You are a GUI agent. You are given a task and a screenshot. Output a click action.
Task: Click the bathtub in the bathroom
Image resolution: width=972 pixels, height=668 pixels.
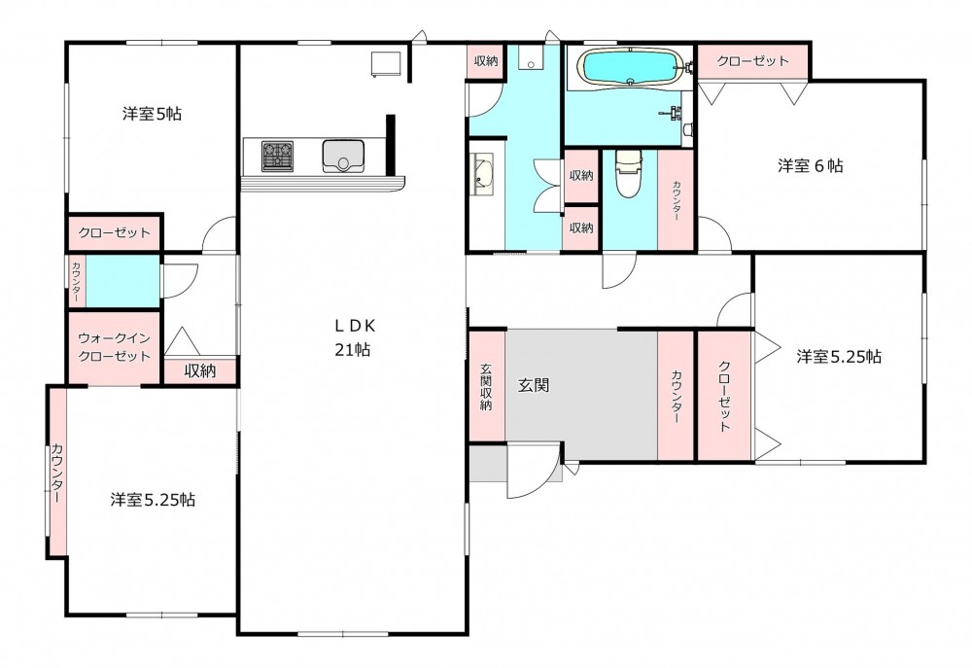click(x=629, y=67)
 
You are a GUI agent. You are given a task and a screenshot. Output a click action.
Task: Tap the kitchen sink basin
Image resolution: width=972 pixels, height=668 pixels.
click(x=343, y=156)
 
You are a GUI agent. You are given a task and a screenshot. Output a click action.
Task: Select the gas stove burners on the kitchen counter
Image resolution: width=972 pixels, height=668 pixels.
click(x=278, y=157)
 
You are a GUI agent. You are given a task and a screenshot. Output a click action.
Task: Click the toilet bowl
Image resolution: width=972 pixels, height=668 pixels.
click(x=628, y=174)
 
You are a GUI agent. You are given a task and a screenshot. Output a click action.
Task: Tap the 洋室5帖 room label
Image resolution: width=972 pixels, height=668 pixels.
click(x=152, y=114)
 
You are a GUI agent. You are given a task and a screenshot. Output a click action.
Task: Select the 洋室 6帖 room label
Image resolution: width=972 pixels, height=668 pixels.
click(x=811, y=165)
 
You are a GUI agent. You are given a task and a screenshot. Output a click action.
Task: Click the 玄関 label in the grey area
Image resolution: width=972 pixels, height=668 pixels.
click(x=533, y=386)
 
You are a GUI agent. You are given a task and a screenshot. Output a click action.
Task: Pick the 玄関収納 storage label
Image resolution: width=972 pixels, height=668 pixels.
click(x=487, y=386)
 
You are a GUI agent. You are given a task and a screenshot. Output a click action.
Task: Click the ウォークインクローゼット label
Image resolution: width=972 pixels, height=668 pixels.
click(x=114, y=347)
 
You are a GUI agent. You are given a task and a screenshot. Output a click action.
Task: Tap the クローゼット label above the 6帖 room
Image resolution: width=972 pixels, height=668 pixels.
click(x=752, y=61)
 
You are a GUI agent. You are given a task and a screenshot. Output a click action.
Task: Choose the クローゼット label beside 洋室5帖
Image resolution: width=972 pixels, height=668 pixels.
click(x=114, y=233)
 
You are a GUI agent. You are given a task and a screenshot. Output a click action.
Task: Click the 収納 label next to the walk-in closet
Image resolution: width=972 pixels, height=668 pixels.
click(x=200, y=370)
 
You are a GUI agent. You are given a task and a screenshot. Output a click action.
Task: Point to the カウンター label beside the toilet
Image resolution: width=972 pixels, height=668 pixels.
click(x=676, y=201)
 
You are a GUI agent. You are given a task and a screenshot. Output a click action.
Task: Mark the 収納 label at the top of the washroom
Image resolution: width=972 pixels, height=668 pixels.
click(x=486, y=61)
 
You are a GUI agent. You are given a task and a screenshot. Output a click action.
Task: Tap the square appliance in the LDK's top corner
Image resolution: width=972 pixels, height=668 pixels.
click(x=386, y=64)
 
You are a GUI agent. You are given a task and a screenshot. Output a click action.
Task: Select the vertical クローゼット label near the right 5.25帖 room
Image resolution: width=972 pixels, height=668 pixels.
click(x=725, y=396)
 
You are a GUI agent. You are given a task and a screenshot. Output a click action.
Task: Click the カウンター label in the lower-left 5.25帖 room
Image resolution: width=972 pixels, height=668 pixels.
click(x=57, y=473)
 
